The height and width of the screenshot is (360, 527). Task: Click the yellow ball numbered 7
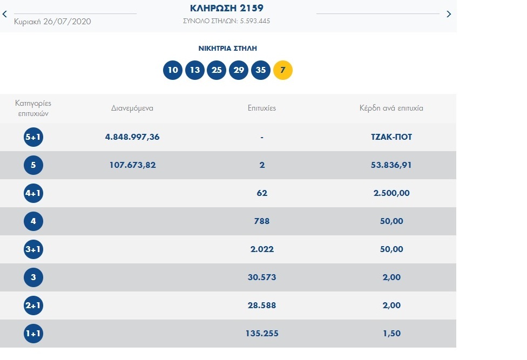pyautogui.click(x=283, y=70)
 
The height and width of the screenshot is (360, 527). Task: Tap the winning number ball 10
pyautogui.click(x=173, y=70)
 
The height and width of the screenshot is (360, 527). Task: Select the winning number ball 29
pyautogui.click(x=239, y=70)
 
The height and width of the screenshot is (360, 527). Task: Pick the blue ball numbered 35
pyautogui.click(x=261, y=70)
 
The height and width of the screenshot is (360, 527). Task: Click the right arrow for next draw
pyautogui.click(x=449, y=14)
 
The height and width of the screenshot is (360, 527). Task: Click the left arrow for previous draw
pyautogui.click(x=5, y=14)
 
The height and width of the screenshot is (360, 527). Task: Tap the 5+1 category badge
pyautogui.click(x=33, y=137)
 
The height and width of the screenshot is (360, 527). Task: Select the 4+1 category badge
pyautogui.click(x=33, y=193)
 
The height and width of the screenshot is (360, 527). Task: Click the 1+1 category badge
pyautogui.click(x=33, y=334)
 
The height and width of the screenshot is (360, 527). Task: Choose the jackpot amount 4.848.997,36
pyautogui.click(x=132, y=137)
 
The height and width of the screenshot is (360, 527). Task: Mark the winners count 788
pyautogui.click(x=261, y=221)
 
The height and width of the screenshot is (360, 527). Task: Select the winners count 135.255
pyautogui.click(x=261, y=334)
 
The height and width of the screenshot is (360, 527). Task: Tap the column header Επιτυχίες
pyautogui.click(x=261, y=108)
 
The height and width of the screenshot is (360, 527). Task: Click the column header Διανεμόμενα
pyautogui.click(x=132, y=108)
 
